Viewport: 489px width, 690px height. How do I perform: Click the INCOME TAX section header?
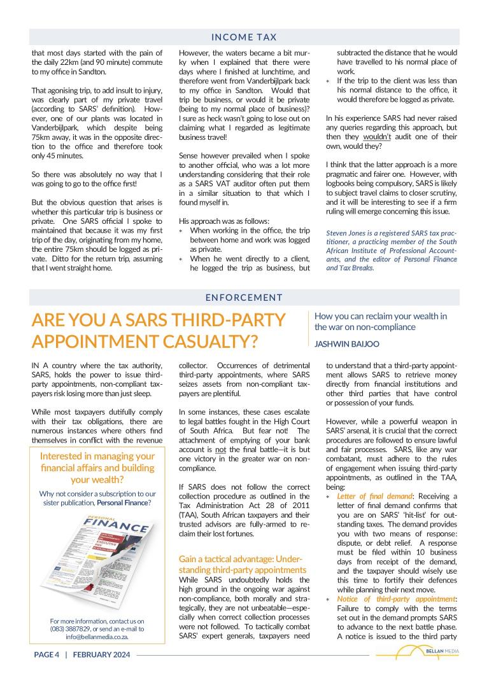tap(244, 38)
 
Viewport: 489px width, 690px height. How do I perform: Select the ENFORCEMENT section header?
tap(244, 297)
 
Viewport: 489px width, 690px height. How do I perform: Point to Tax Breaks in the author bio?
tap(357, 268)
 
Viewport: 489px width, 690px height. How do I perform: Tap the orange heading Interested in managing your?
tap(97, 456)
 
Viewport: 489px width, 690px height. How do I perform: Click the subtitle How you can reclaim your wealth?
tap(380, 316)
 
